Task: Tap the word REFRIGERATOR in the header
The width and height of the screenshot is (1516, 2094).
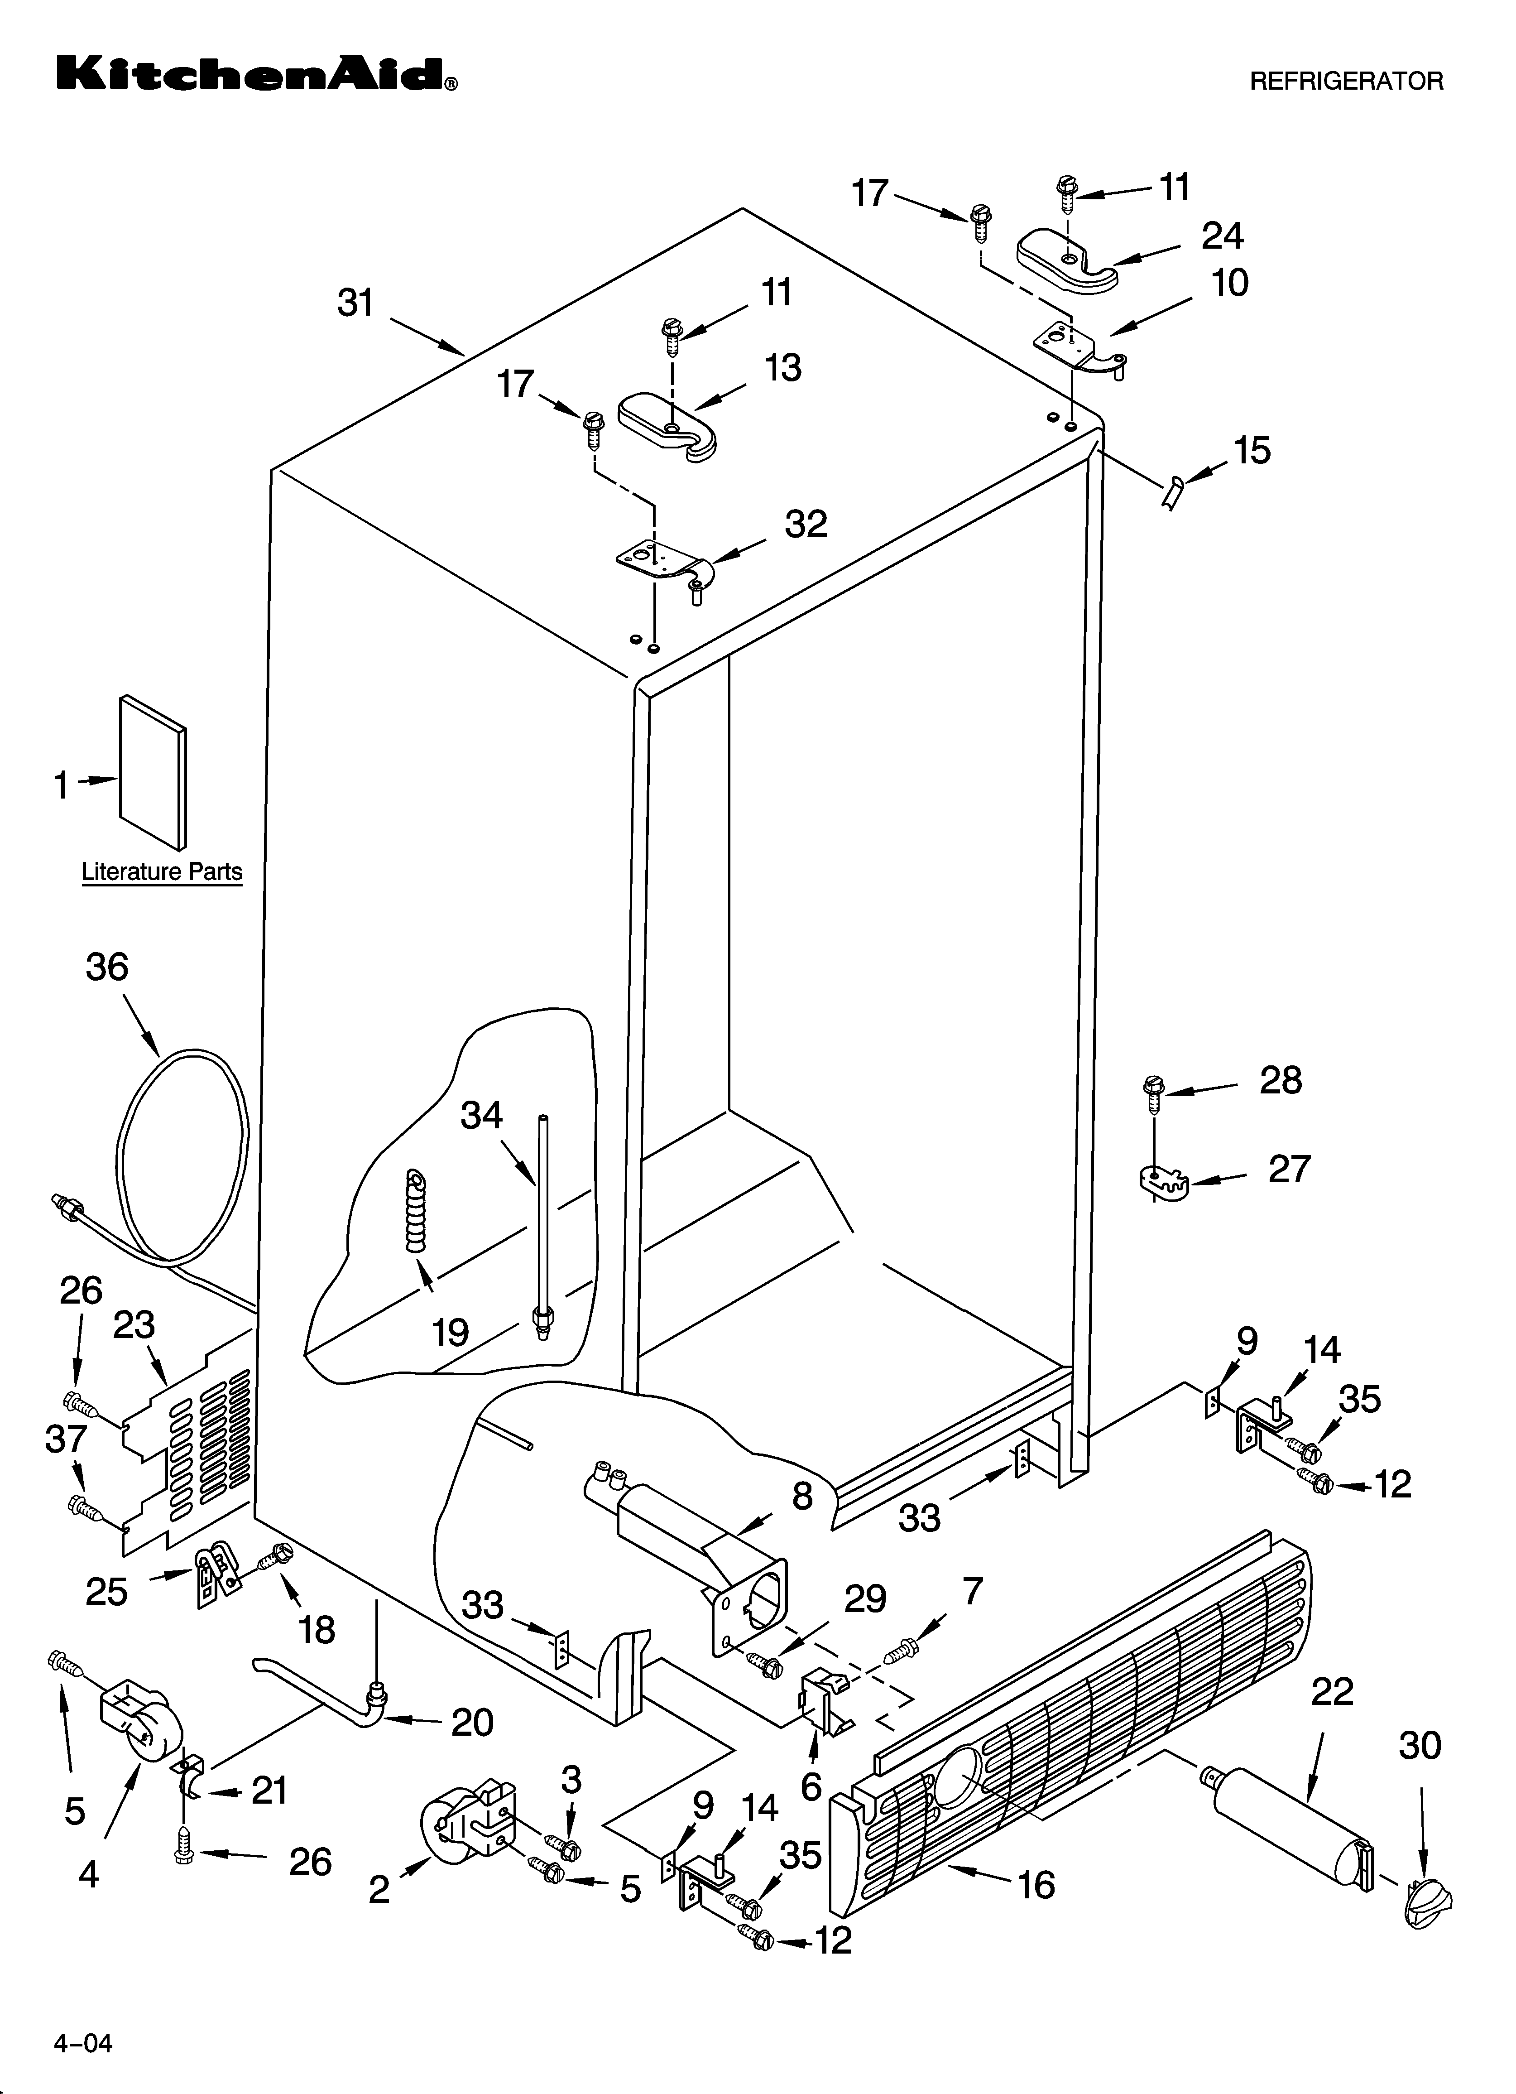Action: pyautogui.click(x=1346, y=81)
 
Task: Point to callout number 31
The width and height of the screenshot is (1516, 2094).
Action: pyautogui.click(x=355, y=303)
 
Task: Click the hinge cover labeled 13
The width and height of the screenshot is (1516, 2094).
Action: pyautogui.click(x=667, y=427)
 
